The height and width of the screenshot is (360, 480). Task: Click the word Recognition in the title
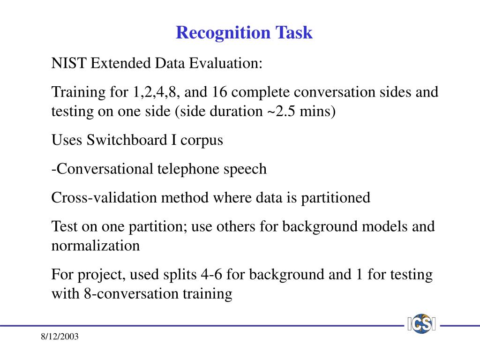click(x=223, y=33)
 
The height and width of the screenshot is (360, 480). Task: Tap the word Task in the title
click(x=293, y=32)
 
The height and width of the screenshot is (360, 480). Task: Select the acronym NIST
click(x=69, y=63)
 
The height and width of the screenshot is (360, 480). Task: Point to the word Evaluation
click(x=225, y=63)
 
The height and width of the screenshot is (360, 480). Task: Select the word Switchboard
click(x=127, y=140)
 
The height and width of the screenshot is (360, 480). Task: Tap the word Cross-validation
click(x=104, y=197)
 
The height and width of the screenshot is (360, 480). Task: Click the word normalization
click(x=96, y=246)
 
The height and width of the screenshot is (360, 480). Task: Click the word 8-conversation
click(x=131, y=293)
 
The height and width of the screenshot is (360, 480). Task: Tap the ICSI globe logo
click(x=422, y=324)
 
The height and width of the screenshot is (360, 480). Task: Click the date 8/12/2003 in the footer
click(x=60, y=337)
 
